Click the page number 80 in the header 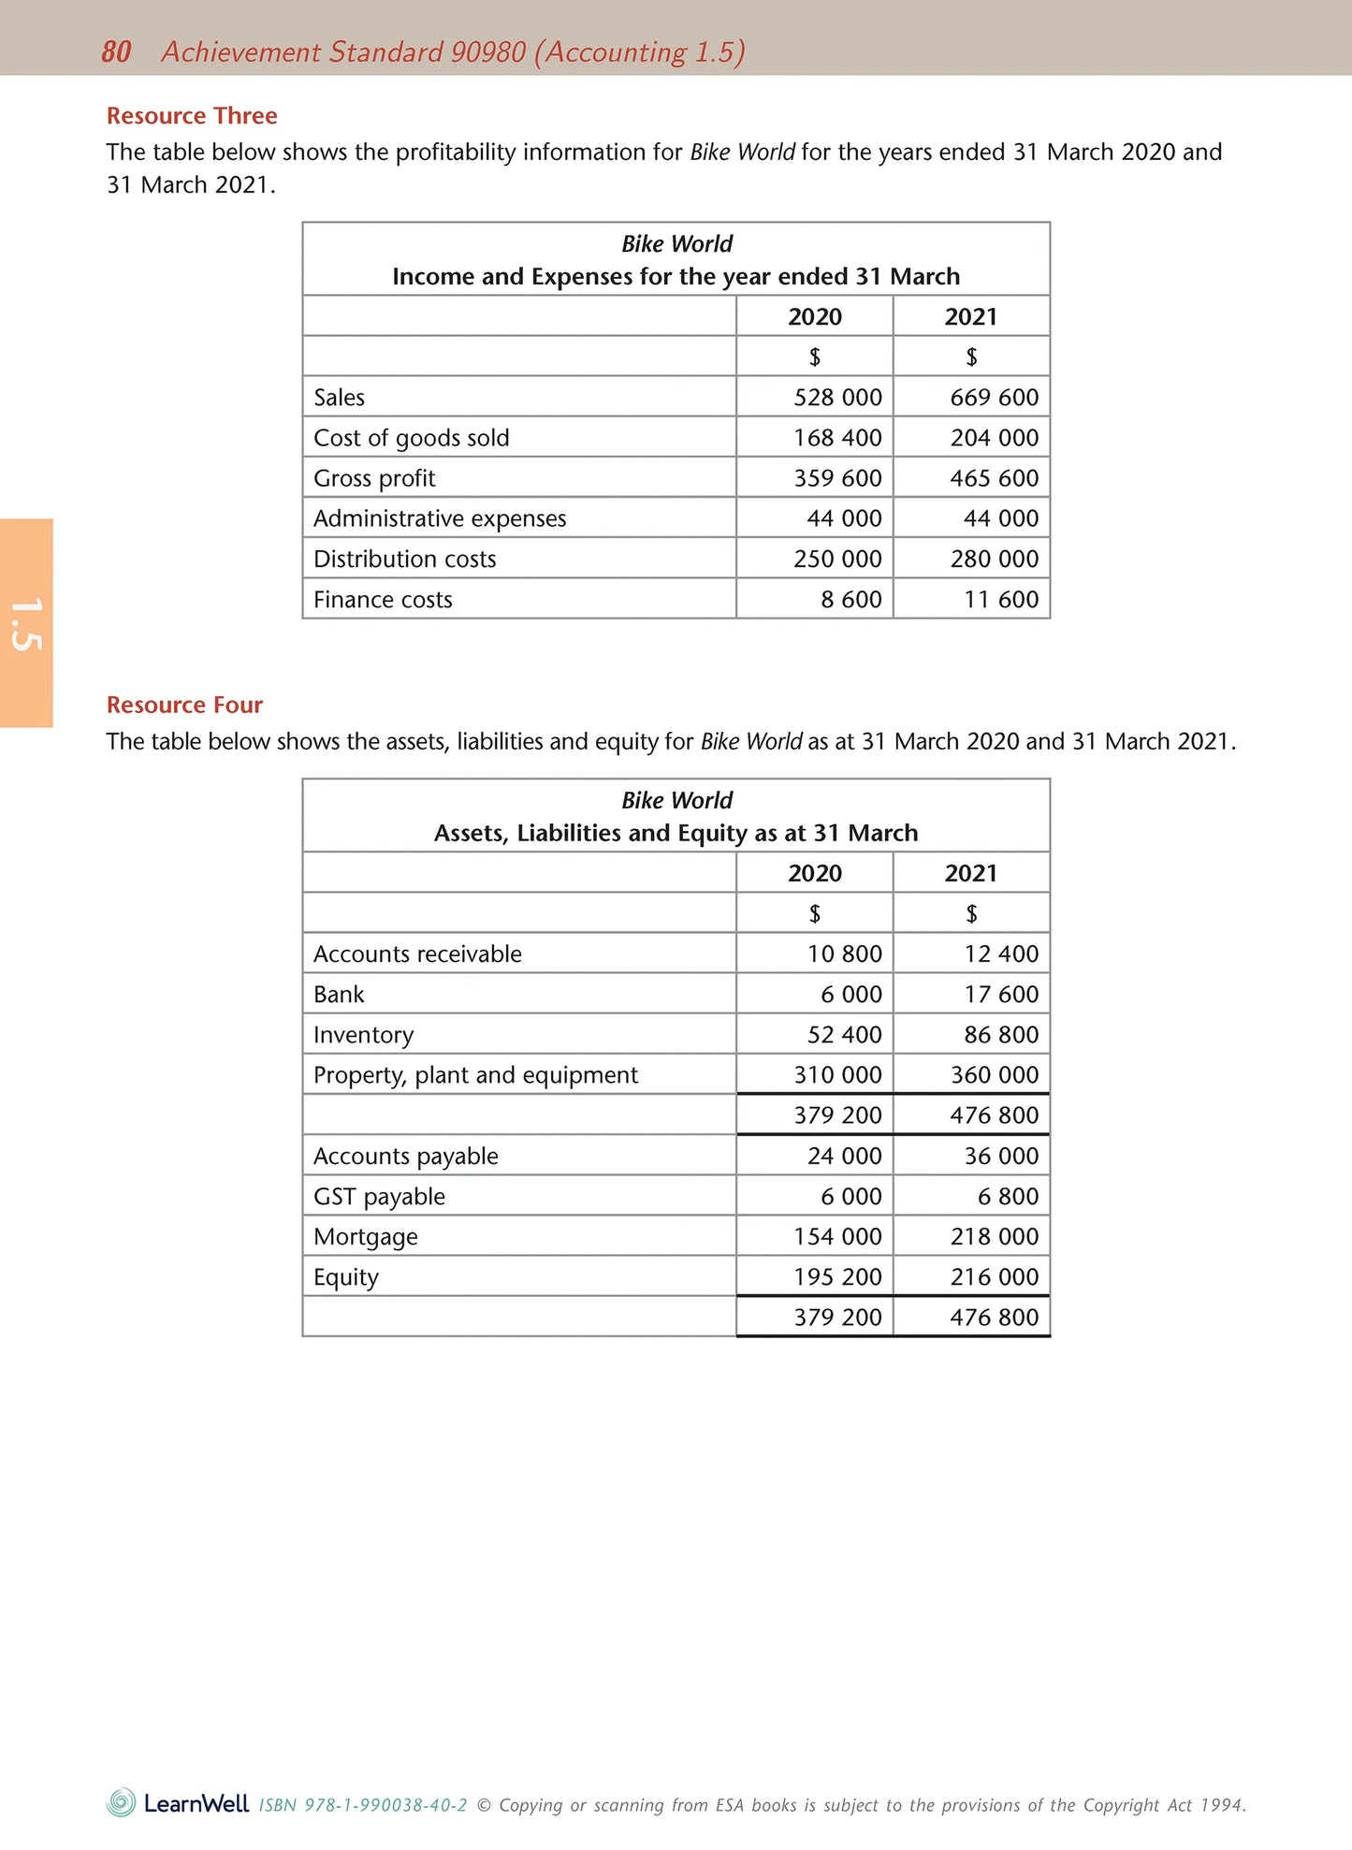click(x=116, y=51)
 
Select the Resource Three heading click(x=192, y=116)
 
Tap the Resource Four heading click(x=184, y=705)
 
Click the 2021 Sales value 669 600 click(x=994, y=398)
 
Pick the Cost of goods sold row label click(x=411, y=438)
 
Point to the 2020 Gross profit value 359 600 click(x=837, y=478)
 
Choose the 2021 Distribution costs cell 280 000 click(x=994, y=559)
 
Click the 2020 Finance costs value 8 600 click(x=850, y=600)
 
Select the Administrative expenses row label click(x=440, y=518)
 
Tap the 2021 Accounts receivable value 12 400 click(x=1001, y=954)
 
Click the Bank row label click(x=339, y=995)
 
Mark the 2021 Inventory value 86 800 click(x=1001, y=1035)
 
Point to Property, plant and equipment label click(x=475, y=1075)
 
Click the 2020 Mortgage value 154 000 click(x=837, y=1237)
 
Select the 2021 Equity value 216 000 click(x=994, y=1277)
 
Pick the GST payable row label click(x=379, y=1197)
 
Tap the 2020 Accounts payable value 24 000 click(x=844, y=1157)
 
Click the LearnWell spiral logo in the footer click(x=122, y=1802)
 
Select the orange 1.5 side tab click(x=26, y=623)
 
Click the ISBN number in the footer click(x=363, y=1805)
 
